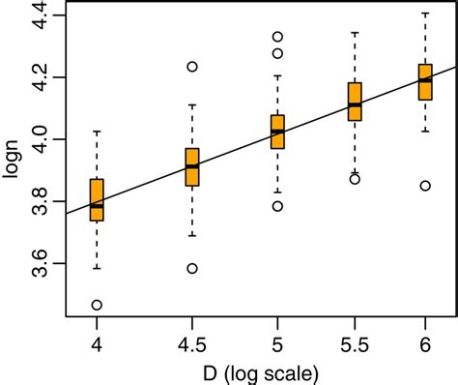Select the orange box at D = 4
(97, 199)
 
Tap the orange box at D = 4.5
(192, 166)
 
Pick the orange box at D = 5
(278, 131)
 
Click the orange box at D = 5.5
(356, 102)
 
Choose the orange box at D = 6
(425, 81)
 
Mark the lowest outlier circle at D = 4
(97, 305)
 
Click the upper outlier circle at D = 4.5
(192, 67)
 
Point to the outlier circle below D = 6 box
(425, 186)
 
